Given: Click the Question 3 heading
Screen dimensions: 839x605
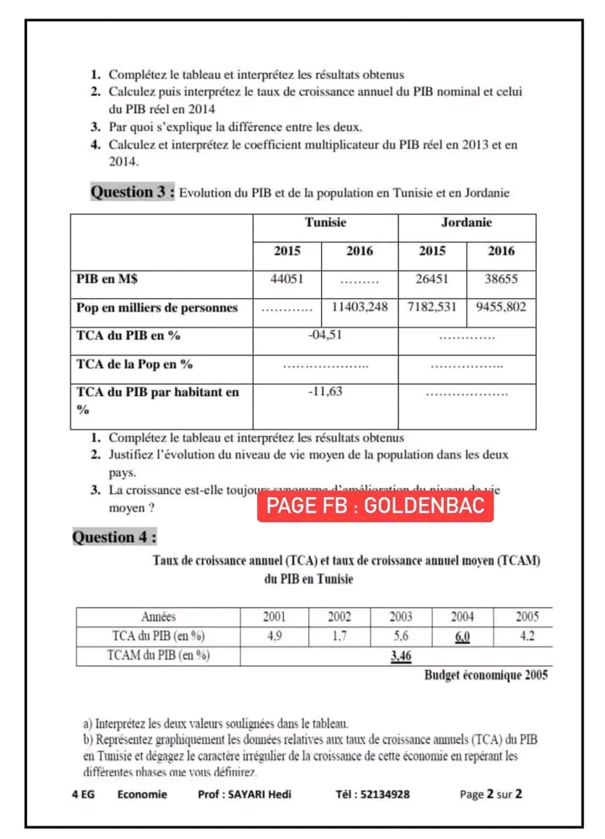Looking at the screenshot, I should click(x=133, y=192).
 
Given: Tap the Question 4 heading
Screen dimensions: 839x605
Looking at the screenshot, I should click(x=114, y=537).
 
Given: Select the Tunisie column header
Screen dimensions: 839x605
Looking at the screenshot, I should click(x=325, y=223).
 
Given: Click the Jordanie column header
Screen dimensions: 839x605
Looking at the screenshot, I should click(x=466, y=223).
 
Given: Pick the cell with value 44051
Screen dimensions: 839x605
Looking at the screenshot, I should click(x=287, y=280).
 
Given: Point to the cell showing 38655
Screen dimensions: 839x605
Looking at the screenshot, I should click(x=502, y=280).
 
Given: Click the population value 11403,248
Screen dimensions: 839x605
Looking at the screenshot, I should click(x=360, y=307).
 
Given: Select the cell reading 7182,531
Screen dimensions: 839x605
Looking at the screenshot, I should click(x=432, y=307).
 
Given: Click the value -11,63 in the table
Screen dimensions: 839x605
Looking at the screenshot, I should click(x=325, y=392).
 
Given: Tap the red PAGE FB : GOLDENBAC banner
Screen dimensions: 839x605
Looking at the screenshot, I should click(x=375, y=506).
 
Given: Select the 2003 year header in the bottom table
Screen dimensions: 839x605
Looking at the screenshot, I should click(x=401, y=616).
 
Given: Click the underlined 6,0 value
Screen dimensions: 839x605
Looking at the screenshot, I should click(x=462, y=637).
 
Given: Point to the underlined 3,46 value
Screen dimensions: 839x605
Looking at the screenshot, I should click(x=401, y=656).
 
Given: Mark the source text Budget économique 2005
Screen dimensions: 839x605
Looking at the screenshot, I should click(x=486, y=676).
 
